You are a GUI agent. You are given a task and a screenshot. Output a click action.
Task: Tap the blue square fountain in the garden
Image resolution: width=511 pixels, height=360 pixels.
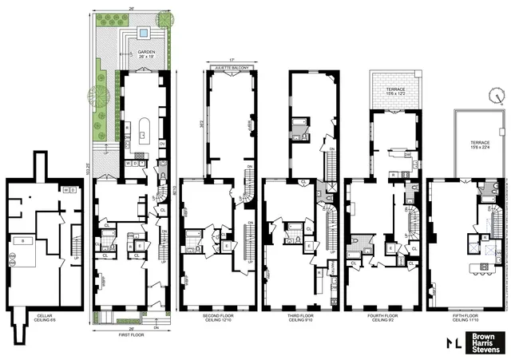141,34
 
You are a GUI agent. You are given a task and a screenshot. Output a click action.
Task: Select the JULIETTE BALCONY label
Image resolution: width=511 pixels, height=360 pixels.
230,69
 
